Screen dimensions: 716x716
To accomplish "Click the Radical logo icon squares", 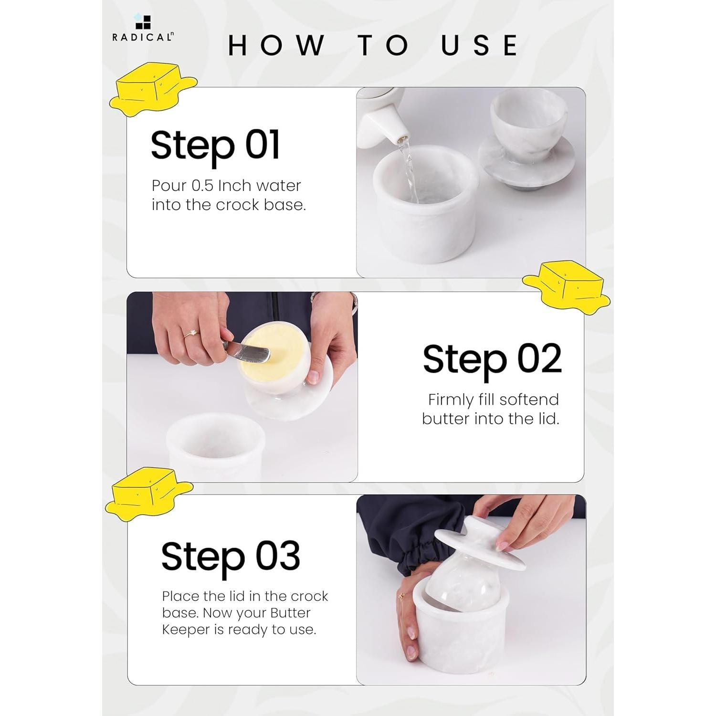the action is click(x=143, y=22).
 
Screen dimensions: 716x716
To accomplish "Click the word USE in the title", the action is click(x=479, y=45).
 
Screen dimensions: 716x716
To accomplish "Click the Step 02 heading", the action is click(x=492, y=360).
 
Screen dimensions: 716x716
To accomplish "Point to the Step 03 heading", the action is click(x=231, y=557).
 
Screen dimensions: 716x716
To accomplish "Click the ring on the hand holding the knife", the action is click(x=191, y=333).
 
